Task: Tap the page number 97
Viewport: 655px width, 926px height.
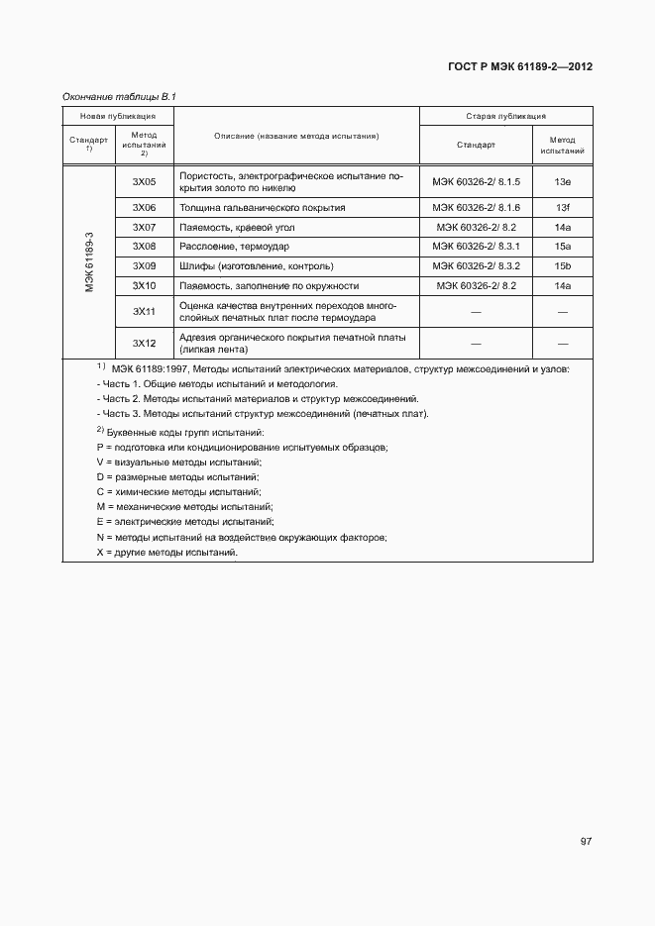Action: [x=586, y=841]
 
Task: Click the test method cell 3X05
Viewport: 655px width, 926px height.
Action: [x=145, y=182]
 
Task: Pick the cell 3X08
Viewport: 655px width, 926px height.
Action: [x=145, y=246]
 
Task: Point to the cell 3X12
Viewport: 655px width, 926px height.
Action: [x=145, y=343]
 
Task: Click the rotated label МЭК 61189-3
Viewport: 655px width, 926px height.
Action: [x=89, y=261]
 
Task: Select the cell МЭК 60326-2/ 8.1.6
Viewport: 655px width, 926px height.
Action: [x=477, y=208]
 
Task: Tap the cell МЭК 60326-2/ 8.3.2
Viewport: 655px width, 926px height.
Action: [x=477, y=265]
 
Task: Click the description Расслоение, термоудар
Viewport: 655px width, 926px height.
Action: [x=235, y=246]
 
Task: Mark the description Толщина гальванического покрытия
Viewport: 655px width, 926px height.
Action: [x=263, y=208]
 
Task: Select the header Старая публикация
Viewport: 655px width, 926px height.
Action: [x=506, y=116]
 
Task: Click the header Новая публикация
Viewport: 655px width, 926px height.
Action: [x=117, y=116]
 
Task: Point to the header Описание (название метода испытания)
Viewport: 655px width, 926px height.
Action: [x=296, y=137]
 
